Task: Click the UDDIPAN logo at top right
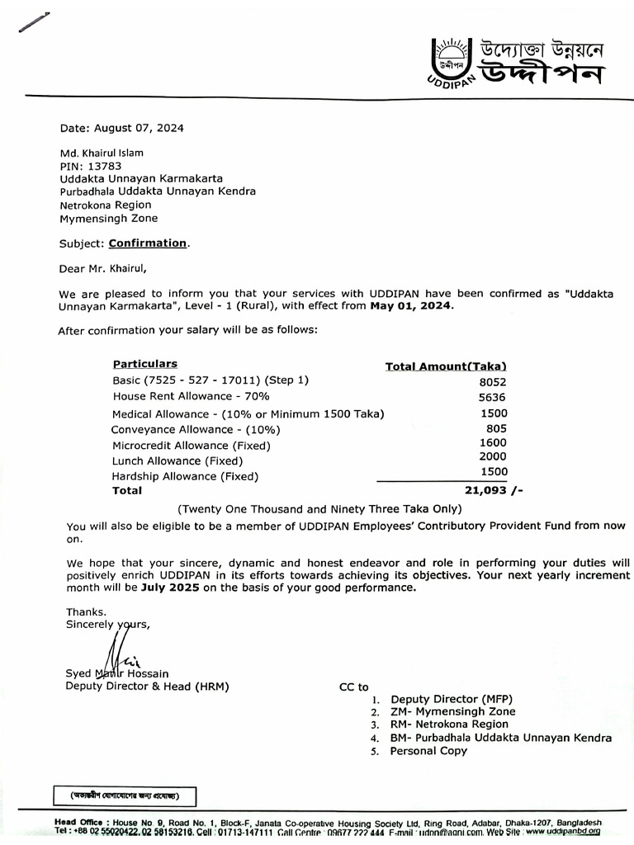coord(516,62)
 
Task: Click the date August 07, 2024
coord(139,128)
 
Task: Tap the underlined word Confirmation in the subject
coord(148,243)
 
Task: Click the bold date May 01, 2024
coord(411,305)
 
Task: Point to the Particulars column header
coord(144,364)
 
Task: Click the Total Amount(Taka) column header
coord(446,366)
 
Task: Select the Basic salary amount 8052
coord(492,382)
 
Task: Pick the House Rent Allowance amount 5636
coord(492,397)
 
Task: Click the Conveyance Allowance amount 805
coord(496,428)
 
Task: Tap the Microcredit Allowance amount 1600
coord(493,443)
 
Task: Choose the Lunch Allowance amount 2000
coord(493,456)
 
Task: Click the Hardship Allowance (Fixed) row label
coord(185,476)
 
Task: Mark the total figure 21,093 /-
coord(494,490)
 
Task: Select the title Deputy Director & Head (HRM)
coord(147,687)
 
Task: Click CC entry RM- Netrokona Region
coord(449,725)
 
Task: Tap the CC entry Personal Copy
coord(428,752)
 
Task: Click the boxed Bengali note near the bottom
coord(125,797)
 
